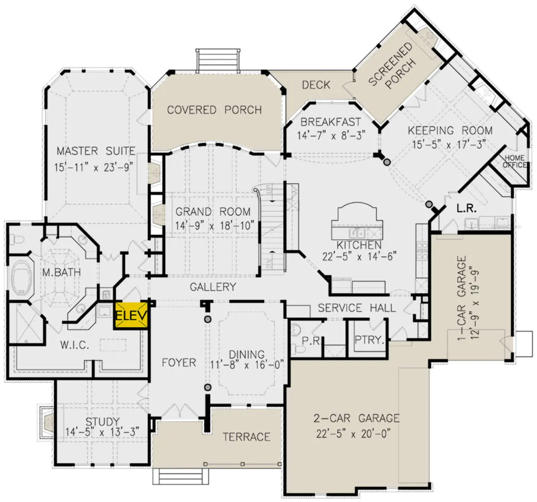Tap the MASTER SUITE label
point(96,151)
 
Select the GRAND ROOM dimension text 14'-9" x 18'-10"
point(215,225)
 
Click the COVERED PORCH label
point(214,110)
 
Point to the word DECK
point(316,85)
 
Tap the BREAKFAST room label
point(331,122)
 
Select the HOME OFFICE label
point(514,161)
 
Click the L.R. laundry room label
point(466,209)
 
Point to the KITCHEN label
point(359,245)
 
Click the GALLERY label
point(213,287)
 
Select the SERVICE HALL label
point(357,308)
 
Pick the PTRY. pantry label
point(369,339)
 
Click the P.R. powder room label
point(311,341)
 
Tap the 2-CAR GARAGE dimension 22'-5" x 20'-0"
point(354,434)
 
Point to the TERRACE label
point(247,437)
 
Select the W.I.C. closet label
point(75,345)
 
